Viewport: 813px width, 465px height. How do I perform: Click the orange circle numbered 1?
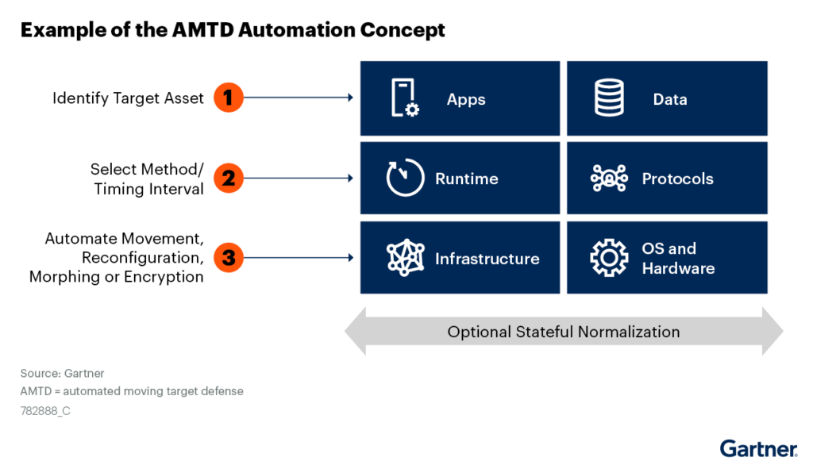229,98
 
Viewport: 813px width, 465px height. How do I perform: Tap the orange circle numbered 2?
229,178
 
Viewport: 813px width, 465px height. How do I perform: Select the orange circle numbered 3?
229,258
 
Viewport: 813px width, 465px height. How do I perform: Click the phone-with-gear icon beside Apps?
405,98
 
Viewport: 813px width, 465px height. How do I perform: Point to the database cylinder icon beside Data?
609,98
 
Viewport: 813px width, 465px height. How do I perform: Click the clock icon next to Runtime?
405,177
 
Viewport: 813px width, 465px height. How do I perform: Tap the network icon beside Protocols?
609,179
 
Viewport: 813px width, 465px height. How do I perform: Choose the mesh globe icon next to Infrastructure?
406,258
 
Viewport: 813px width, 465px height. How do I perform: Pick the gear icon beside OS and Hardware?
609,258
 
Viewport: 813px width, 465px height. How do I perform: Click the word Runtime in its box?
467,179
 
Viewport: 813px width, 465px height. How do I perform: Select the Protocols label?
678,179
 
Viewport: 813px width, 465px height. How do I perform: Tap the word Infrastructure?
487,259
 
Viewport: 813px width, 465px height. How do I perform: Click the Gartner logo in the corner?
758,448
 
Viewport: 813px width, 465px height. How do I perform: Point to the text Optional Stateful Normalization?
564,332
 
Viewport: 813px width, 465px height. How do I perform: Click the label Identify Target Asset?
128,98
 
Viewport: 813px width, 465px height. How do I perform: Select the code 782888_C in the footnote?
45,411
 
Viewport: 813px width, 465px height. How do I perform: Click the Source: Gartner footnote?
62,373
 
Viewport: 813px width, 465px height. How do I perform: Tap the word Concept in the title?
403,30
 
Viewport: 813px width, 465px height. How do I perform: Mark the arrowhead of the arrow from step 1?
350,98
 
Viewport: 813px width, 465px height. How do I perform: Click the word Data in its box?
670,99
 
